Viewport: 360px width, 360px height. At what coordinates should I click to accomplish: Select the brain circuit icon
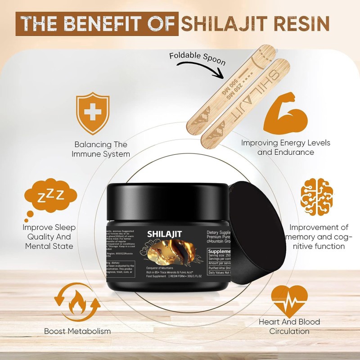319,197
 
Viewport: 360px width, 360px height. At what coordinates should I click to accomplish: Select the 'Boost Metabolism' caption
77,331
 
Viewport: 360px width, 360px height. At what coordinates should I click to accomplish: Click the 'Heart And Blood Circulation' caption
289,326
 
